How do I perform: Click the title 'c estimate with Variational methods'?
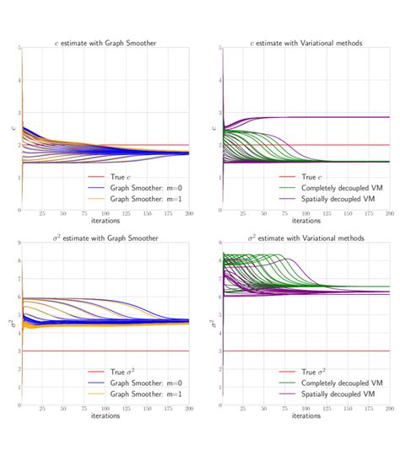(x=305, y=43)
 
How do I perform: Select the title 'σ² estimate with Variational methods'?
(x=305, y=238)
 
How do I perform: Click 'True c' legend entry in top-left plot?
(x=122, y=177)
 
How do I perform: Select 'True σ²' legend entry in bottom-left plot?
(x=123, y=372)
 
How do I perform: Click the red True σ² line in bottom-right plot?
(x=305, y=351)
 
